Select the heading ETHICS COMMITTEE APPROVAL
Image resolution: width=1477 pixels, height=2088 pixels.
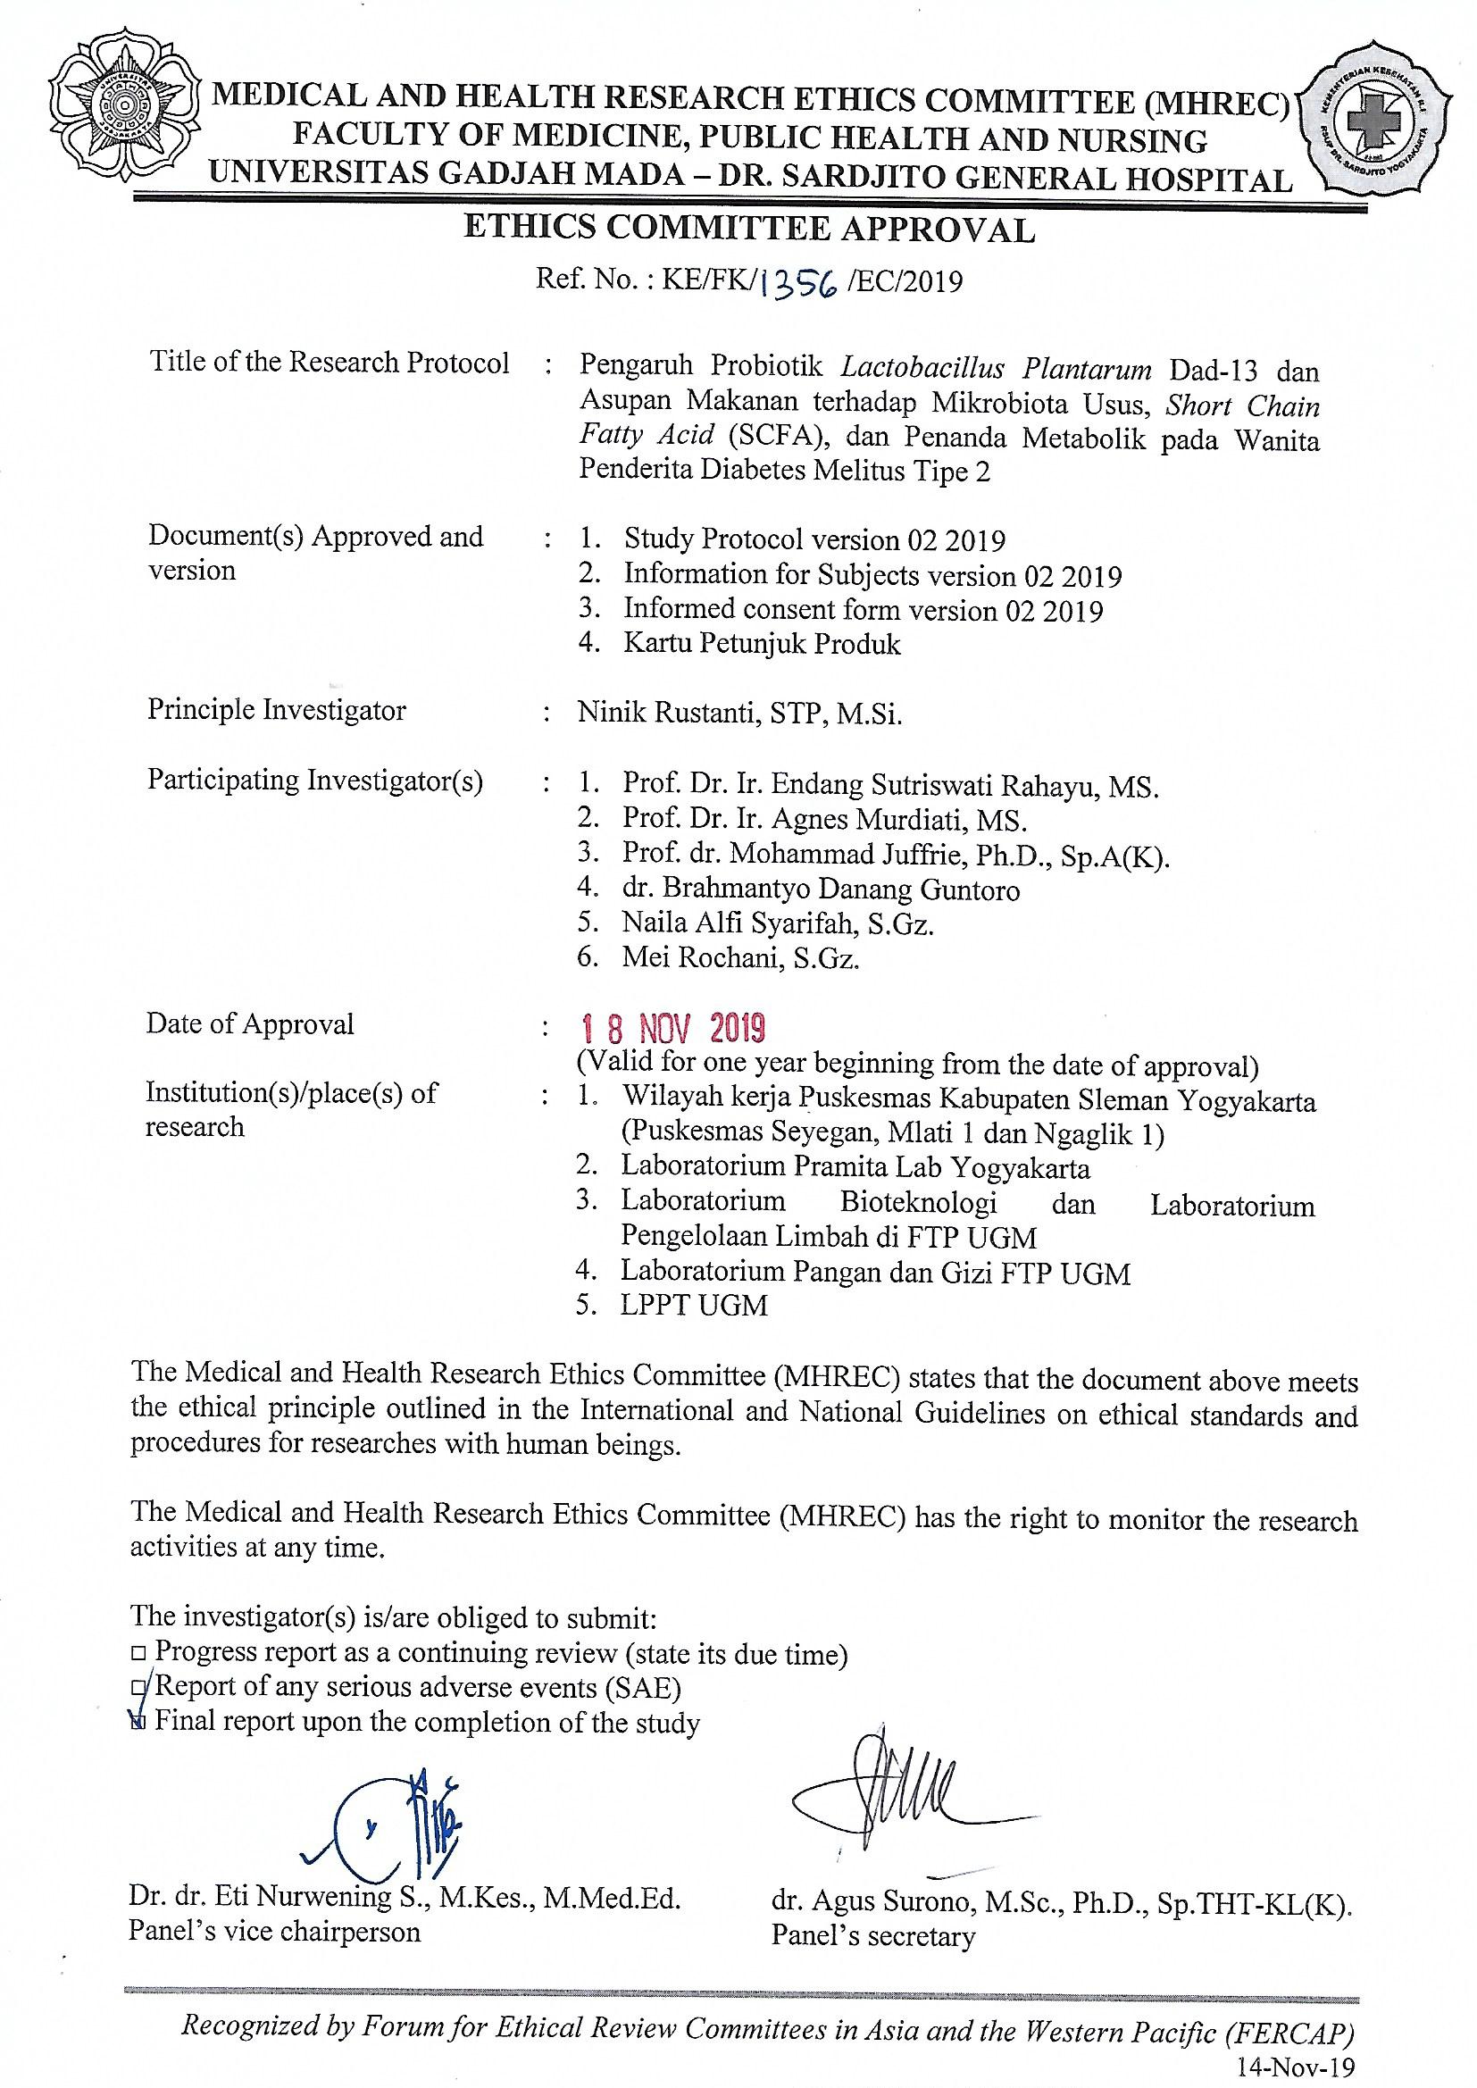(x=749, y=230)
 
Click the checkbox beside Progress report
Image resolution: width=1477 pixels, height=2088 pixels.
(x=138, y=1652)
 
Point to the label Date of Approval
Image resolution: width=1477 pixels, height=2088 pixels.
(x=250, y=1024)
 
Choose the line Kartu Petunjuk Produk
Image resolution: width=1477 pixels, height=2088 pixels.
(x=761, y=645)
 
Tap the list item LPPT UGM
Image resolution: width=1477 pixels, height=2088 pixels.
(x=694, y=1306)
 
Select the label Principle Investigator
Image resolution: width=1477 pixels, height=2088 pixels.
(x=277, y=710)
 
